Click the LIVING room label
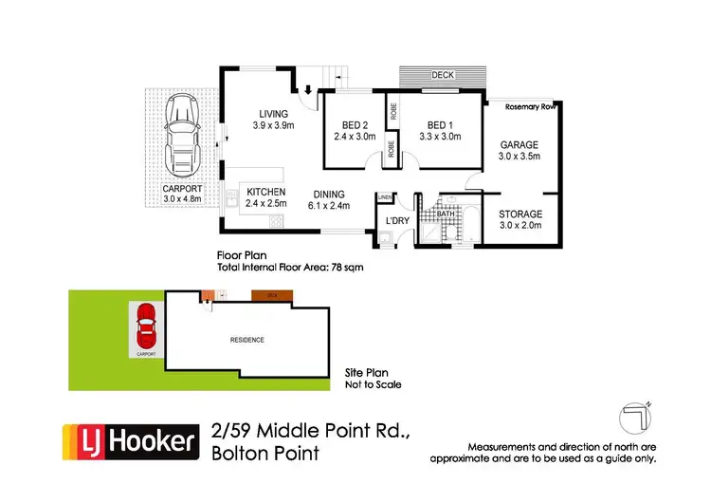click(x=274, y=115)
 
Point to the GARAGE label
click(x=519, y=145)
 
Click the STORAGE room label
click(x=520, y=214)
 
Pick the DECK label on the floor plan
click(x=442, y=74)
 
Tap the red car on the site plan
click(x=146, y=326)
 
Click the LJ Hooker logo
click(x=130, y=441)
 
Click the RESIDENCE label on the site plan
click(x=246, y=339)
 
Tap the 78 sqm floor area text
click(x=346, y=267)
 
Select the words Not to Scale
click(x=374, y=385)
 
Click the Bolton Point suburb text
click(x=265, y=454)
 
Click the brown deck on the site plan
click(x=272, y=295)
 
